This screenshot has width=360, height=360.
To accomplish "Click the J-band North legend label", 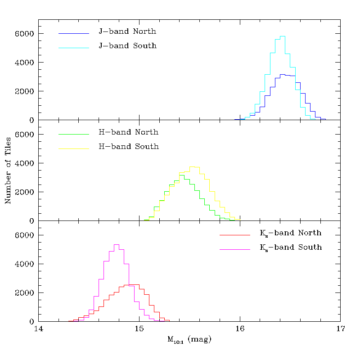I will pyautogui.click(x=127, y=31).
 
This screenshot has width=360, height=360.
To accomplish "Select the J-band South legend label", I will pyautogui.click(x=127, y=46).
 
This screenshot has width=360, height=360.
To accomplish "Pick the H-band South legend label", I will pyautogui.click(x=128, y=147).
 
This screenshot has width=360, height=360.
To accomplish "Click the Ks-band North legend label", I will pyautogui.click(x=290, y=233).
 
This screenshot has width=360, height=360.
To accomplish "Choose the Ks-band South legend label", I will pyautogui.click(x=290, y=247).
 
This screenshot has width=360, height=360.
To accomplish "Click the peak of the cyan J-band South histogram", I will pyautogui.click(x=283, y=36).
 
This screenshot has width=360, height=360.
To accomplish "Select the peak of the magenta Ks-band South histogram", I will pyautogui.click(x=116, y=245).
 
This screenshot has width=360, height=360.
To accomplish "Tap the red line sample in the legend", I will pyautogui.click(x=234, y=235).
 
